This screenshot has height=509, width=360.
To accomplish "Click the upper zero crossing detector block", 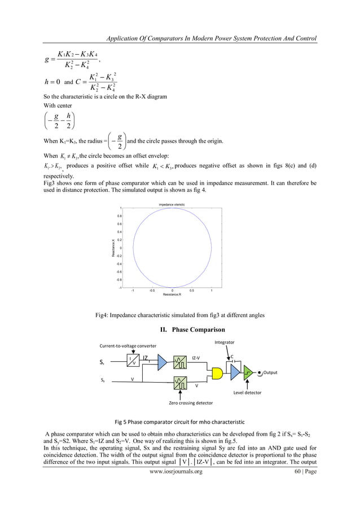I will (x=180, y=359).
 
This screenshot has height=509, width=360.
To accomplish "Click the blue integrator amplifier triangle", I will (x=234, y=370).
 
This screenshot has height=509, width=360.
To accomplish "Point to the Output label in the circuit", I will (x=271, y=373).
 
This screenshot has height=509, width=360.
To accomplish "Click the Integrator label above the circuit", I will (x=225, y=343).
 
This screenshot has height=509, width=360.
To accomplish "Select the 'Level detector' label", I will (x=247, y=392).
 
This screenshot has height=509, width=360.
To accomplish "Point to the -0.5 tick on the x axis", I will (x=152, y=291).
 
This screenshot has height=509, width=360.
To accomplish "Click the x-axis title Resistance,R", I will (x=172, y=295).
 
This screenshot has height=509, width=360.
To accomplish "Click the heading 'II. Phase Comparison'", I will (x=187, y=329).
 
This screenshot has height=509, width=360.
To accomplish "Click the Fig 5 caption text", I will (x=179, y=422).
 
